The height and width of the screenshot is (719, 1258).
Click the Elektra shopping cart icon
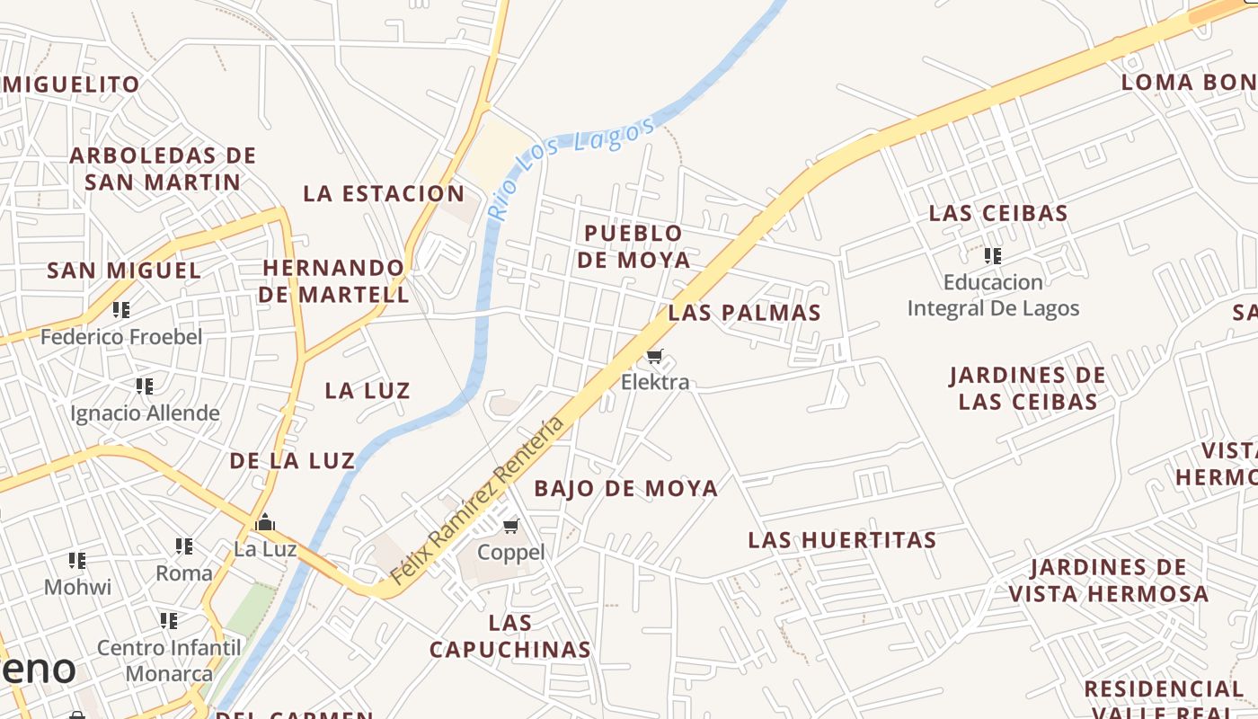pos(655,357)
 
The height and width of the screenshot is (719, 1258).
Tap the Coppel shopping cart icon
pos(511,526)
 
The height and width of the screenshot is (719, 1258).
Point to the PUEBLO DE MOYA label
pos(633,246)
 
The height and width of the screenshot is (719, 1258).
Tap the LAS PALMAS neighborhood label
pos(744,313)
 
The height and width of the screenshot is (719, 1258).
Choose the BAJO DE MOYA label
pos(626,489)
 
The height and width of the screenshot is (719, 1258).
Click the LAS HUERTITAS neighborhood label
pos(843,540)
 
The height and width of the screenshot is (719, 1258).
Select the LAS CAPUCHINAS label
pos(510,635)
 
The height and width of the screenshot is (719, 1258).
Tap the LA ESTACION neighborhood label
pos(384,193)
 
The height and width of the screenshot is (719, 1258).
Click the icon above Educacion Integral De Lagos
pos(993,256)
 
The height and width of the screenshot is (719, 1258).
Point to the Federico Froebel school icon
pos(121,310)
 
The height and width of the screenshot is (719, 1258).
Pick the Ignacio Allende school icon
pos(145,386)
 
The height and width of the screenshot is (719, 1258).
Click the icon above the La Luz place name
pos(265,522)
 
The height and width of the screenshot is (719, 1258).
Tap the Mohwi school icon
pos(78,561)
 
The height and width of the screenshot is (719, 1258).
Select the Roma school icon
pos(184,546)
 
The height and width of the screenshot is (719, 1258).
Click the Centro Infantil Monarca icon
pos(169,620)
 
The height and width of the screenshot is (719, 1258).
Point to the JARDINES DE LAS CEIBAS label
pos(1028,388)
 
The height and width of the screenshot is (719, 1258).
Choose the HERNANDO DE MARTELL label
pos(334,280)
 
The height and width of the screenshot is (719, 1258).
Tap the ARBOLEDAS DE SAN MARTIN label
pos(163,168)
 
